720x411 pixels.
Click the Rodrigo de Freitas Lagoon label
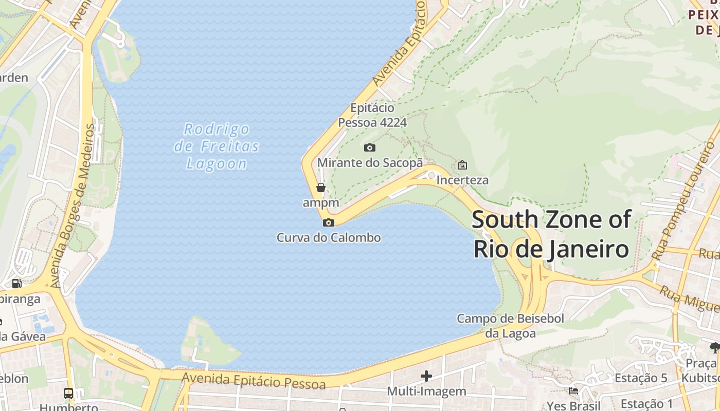pyautogui.click(x=217, y=146)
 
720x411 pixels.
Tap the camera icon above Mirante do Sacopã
pyautogui.click(x=369, y=148)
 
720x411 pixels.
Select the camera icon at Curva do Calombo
pyautogui.click(x=328, y=222)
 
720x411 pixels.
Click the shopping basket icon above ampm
pyautogui.click(x=321, y=188)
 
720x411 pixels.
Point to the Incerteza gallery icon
pyautogui.click(x=462, y=165)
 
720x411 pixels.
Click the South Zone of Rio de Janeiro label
pyautogui.click(x=551, y=234)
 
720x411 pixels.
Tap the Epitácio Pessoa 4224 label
pyautogui.click(x=372, y=115)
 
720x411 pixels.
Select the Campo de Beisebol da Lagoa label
pyautogui.click(x=510, y=326)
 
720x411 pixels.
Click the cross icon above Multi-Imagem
pyautogui.click(x=426, y=376)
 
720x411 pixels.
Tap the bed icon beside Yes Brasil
pyautogui.click(x=573, y=391)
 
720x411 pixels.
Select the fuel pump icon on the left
pyautogui.click(x=16, y=283)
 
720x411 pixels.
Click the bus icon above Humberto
pyautogui.click(x=68, y=394)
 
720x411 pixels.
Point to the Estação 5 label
pyautogui.click(x=641, y=378)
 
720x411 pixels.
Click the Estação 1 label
pyautogui.click(x=646, y=404)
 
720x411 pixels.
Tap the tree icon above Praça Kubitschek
pyautogui.click(x=715, y=348)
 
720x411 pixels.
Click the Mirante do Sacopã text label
pyautogui.click(x=370, y=163)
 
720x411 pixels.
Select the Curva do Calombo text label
pyautogui.click(x=329, y=238)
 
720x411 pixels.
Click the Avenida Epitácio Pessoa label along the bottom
pyautogui.click(x=254, y=381)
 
